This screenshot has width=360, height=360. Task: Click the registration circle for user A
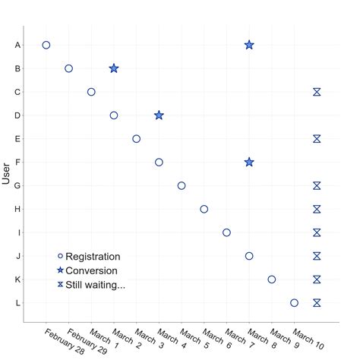[x=46, y=45]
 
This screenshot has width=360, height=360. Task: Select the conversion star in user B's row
[x=114, y=68]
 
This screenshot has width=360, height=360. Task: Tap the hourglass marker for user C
[x=317, y=92]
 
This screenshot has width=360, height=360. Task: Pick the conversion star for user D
[x=159, y=115]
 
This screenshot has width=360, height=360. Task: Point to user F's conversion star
[x=249, y=162]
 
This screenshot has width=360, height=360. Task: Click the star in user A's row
[x=249, y=45]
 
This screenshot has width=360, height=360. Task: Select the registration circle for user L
[x=294, y=302]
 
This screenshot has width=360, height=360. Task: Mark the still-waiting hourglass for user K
[x=317, y=279]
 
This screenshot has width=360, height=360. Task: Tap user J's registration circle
[x=249, y=256]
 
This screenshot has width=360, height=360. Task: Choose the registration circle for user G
[x=182, y=185]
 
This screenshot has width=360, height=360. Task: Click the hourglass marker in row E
[x=317, y=138]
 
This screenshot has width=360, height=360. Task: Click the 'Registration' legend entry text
[x=93, y=257]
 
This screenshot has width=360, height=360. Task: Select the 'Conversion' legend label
[x=91, y=270]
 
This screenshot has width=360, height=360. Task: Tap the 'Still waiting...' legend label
[x=96, y=285]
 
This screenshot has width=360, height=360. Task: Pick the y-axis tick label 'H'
[x=17, y=209]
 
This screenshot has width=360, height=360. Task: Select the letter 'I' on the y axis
[x=17, y=232]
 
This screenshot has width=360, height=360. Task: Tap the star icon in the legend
[x=60, y=270]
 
